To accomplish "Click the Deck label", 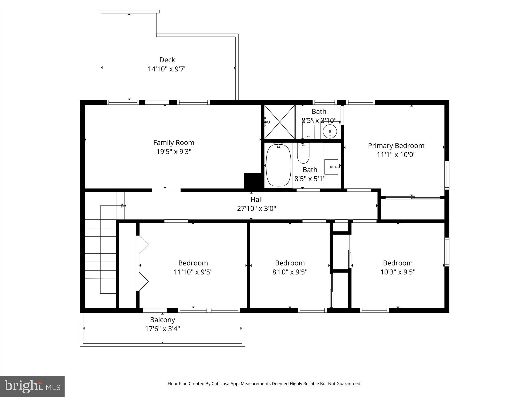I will click(167, 60).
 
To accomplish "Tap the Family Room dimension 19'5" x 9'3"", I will click(174, 152).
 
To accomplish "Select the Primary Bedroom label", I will click(396, 146).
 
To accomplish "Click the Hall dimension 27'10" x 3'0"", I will click(256, 209).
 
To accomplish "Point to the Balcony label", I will click(162, 320).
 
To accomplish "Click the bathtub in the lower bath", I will click(278, 165).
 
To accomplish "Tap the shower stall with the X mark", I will click(279, 122).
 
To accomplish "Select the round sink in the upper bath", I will click(330, 132).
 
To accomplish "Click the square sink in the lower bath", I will click(331, 167).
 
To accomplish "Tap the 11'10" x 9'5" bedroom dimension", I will click(193, 272).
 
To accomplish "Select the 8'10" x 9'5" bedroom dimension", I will click(290, 272).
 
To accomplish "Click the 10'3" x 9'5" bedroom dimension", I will click(398, 272).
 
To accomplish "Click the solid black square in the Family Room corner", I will click(253, 181).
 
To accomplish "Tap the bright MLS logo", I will click(32, 386).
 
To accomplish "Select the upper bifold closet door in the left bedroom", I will click(143, 245).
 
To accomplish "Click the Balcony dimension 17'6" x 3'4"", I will click(162, 329).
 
